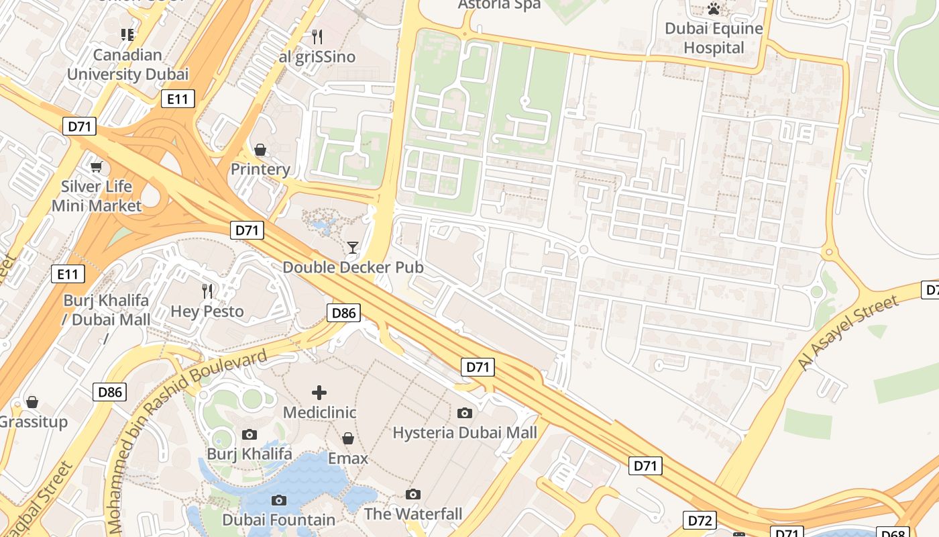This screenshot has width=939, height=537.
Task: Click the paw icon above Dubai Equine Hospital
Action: [x=714, y=9]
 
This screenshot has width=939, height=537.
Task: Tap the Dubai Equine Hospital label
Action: [x=714, y=38]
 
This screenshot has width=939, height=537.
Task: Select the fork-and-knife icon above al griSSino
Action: [x=317, y=36]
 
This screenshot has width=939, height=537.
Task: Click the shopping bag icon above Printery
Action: [x=260, y=150]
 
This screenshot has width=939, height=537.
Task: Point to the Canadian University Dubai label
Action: [x=127, y=64]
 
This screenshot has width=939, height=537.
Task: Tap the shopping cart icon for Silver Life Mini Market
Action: [x=97, y=166]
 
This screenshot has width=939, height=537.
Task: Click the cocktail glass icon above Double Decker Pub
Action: [x=353, y=248]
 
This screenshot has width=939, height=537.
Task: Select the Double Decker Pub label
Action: [x=353, y=267]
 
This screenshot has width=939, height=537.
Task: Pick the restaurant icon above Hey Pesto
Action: [x=207, y=291]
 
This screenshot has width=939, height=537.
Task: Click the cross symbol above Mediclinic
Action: [x=319, y=392]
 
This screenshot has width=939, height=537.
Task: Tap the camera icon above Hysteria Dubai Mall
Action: [x=465, y=413]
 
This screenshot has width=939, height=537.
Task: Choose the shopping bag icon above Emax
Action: [x=347, y=439]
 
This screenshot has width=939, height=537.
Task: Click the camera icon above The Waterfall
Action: [x=413, y=495]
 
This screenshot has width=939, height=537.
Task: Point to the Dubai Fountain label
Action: [x=278, y=520]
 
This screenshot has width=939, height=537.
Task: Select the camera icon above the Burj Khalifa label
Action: [x=250, y=435]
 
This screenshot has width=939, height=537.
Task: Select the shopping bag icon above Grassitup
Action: [x=32, y=402]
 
